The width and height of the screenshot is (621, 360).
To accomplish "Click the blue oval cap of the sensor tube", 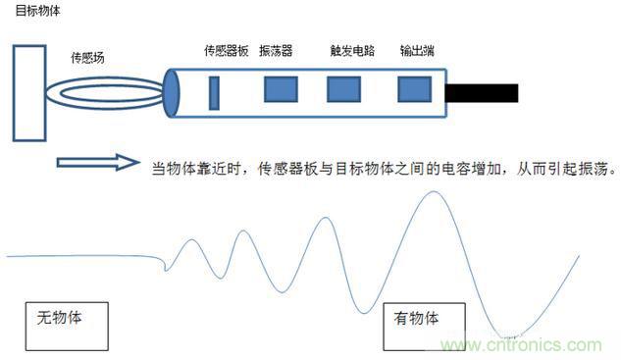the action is point(172,91).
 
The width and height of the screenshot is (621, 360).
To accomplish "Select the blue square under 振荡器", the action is point(281,89).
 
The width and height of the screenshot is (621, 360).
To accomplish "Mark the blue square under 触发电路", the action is point(342,89).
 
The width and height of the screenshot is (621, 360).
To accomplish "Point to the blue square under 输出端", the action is point(413,89).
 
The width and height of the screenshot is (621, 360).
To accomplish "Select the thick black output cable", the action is point(482,93).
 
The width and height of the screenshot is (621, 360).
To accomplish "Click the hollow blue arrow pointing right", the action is point(99,161).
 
